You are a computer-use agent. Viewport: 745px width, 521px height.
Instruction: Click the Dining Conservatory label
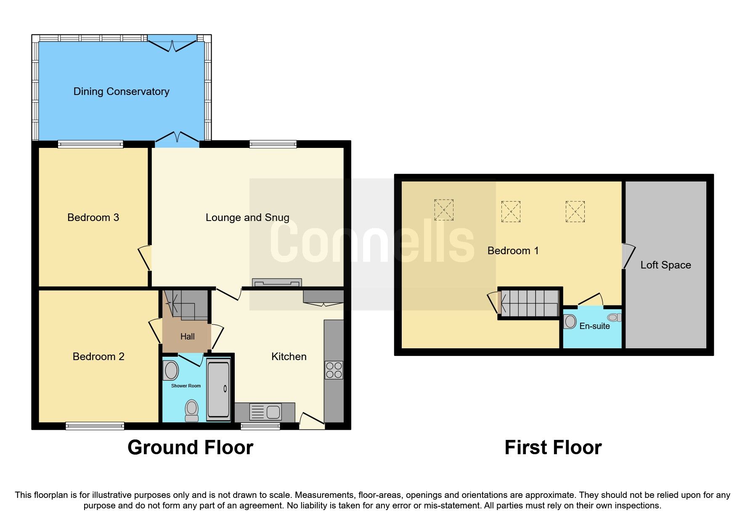(121, 91)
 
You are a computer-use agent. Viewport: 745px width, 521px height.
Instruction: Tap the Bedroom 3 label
(93, 217)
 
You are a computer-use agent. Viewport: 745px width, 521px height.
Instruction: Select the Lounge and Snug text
(247, 217)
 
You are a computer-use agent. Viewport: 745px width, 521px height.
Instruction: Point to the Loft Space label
(665, 265)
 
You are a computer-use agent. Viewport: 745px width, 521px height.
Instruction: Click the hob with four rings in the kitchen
(334, 370)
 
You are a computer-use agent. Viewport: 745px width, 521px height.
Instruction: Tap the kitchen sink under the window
(265, 412)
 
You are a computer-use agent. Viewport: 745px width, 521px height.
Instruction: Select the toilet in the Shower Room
(192, 410)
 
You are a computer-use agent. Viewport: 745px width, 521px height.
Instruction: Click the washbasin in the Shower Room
(171, 370)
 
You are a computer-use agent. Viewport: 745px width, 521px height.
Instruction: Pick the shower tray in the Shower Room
(219, 389)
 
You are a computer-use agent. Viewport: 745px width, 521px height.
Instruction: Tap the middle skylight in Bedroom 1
(511, 211)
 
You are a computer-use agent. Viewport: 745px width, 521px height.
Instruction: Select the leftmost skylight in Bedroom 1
(444, 210)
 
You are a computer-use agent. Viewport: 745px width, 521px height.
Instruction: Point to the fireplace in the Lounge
(277, 282)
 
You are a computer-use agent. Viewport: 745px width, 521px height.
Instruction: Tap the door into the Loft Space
(628, 256)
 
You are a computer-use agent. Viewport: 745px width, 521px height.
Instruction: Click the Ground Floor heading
(190, 447)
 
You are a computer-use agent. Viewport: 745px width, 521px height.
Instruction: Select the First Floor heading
(553, 447)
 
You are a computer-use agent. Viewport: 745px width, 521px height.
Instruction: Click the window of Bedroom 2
(95, 426)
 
